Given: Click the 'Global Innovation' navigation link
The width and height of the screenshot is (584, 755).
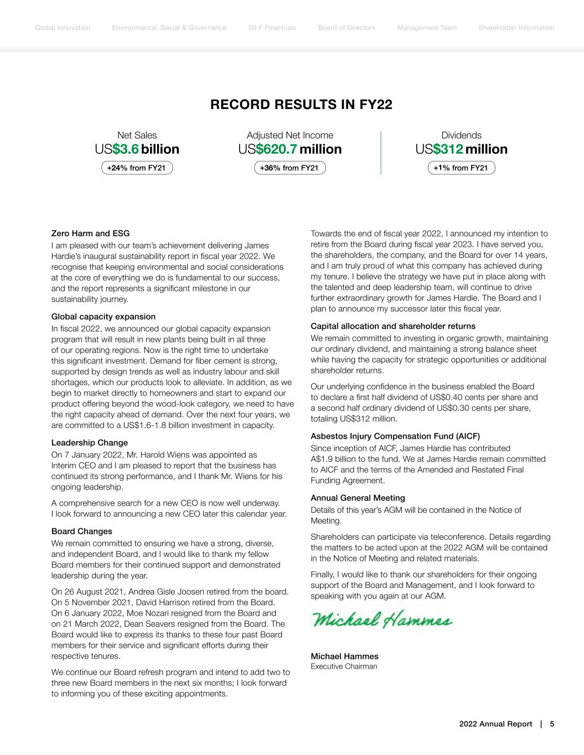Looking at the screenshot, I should tap(62, 28).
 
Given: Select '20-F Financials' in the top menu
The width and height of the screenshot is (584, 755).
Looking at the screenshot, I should tap(272, 28).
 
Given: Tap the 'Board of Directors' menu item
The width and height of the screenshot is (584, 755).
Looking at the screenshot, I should tap(347, 28).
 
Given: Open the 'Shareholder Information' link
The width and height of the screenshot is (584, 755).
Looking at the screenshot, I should tap(516, 28).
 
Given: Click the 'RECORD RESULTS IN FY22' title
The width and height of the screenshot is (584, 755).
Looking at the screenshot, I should tap(301, 105).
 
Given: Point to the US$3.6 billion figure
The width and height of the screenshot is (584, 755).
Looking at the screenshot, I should tap(137, 149).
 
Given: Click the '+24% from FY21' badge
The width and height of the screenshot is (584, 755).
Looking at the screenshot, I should tap(137, 168).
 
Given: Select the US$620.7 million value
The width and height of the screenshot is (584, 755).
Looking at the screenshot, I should tap(290, 149).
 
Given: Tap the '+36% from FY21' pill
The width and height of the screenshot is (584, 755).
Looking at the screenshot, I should tap(290, 168).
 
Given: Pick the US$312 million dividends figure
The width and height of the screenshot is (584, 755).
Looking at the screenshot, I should tap(461, 149).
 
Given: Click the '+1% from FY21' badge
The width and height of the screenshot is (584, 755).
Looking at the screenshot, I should tap(461, 168).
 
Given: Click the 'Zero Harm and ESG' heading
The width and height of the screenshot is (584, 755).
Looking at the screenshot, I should tap(90, 233).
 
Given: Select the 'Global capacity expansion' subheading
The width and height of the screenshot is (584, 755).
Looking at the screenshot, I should tap(104, 316).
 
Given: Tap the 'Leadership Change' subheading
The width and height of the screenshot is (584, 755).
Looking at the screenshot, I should tap(90, 442).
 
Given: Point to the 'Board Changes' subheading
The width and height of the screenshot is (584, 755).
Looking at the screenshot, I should tap(82, 531).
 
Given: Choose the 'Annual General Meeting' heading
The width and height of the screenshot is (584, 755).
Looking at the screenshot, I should tap(358, 498).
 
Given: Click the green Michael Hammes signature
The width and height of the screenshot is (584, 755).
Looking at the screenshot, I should tap(381, 619).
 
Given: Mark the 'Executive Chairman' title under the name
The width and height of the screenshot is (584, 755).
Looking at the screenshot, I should tap(344, 667).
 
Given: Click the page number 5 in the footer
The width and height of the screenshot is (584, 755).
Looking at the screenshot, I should tap(552, 724).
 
